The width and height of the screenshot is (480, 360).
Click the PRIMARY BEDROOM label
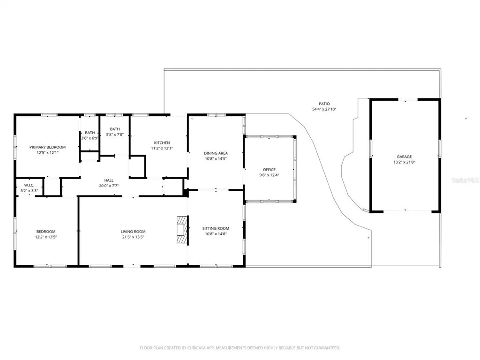click(47, 147)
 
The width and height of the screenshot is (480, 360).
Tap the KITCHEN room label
click(162, 142)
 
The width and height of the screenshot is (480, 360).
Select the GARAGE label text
click(404, 157)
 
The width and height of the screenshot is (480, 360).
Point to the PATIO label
click(324, 104)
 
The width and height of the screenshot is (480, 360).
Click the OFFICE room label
click(269, 170)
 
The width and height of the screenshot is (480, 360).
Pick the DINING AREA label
click(216, 153)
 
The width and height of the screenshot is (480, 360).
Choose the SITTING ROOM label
click(216, 228)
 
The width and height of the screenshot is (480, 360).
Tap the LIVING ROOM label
click(133, 232)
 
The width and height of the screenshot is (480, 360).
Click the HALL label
click(109, 180)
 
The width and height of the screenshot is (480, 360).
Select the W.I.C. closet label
click(30, 185)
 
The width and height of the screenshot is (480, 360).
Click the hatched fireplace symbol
click(182, 230)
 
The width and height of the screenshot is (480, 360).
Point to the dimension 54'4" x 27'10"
click(324, 109)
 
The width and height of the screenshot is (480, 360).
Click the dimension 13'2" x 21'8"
click(404, 162)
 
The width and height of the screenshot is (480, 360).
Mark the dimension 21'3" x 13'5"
click(133, 237)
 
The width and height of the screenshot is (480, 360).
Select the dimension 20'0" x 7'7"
click(109, 186)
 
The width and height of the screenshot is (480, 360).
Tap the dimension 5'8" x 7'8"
click(115, 135)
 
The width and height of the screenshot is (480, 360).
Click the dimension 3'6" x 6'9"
click(90, 138)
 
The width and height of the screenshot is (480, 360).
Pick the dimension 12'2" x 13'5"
click(46, 237)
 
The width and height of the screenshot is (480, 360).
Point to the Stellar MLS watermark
click(465, 180)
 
